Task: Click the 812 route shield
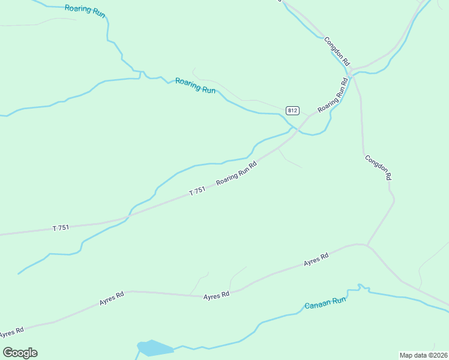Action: pyautogui.click(x=292, y=110)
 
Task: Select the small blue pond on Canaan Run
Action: pyautogui.click(x=154, y=348)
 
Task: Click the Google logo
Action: pyautogui.click(x=20, y=353)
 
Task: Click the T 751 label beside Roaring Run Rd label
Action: pyautogui.click(x=197, y=191)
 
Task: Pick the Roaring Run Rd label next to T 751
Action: pyautogui.click(x=237, y=172)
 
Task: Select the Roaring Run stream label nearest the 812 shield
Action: pyautogui.click(x=195, y=85)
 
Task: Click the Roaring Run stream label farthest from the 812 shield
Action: pyautogui.click(x=85, y=10)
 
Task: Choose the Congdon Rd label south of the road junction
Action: pyautogui.click(x=378, y=167)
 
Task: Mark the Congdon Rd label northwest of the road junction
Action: pyautogui.click(x=336, y=51)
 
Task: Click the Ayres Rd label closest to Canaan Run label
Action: pyautogui.click(x=316, y=259)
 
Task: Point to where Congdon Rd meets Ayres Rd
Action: pyautogui.click(x=367, y=245)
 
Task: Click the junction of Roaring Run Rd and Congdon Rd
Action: pyautogui.click(x=353, y=74)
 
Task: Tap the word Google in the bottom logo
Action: pyautogui.click(x=20, y=353)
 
